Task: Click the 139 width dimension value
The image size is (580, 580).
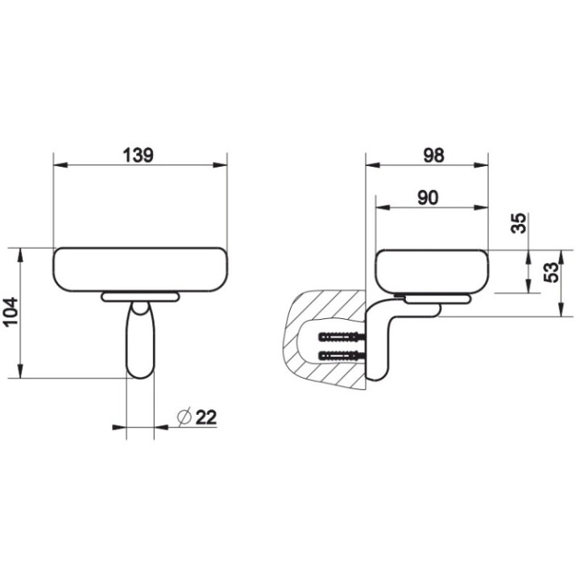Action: (139, 154)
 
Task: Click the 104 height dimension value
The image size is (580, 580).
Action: (10, 312)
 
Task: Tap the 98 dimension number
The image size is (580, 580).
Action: (433, 155)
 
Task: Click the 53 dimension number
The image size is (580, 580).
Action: (550, 274)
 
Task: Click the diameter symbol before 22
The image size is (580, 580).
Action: (183, 416)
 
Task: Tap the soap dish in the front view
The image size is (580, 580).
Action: (139, 269)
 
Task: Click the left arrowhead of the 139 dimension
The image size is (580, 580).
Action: (59, 166)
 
